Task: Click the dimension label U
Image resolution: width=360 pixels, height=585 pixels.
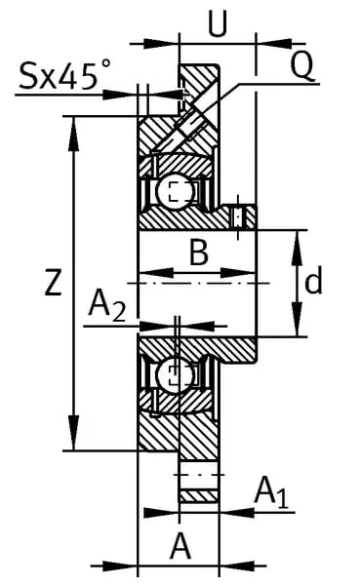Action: coord(218,23)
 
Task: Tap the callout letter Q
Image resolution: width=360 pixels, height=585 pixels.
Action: coord(301,65)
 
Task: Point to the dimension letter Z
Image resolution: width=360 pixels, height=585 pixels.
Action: coord(53,283)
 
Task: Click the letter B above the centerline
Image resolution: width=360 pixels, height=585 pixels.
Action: coord(199,253)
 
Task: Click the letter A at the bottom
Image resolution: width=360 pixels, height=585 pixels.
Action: coord(180,546)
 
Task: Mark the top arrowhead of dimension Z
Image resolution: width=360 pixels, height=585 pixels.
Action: coord(74,134)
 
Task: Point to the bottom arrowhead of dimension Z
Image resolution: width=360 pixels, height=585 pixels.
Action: coord(74,433)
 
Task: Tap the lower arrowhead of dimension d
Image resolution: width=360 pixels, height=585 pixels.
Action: coord(298,319)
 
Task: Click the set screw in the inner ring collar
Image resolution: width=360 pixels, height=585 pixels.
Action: coord(238,216)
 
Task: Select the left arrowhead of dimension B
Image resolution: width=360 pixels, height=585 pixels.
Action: coord(156,273)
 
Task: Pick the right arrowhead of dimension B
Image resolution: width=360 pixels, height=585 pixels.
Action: coord(238,273)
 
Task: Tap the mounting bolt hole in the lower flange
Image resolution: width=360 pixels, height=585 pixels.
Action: coord(199,475)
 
